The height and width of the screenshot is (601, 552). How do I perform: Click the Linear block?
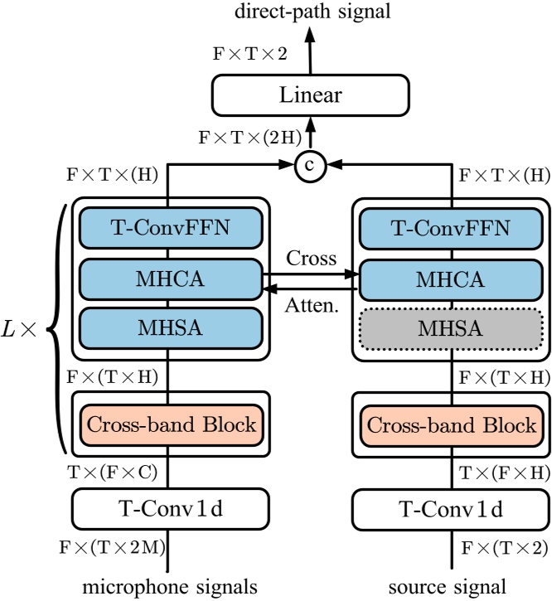[311, 95]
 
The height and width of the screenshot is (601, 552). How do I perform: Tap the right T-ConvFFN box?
[452, 227]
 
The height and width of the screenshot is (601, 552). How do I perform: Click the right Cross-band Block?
[452, 425]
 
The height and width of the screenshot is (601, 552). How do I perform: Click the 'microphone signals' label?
[171, 587]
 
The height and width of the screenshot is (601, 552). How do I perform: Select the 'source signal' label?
[452, 587]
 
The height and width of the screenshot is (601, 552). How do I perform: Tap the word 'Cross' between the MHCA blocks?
[312, 258]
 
